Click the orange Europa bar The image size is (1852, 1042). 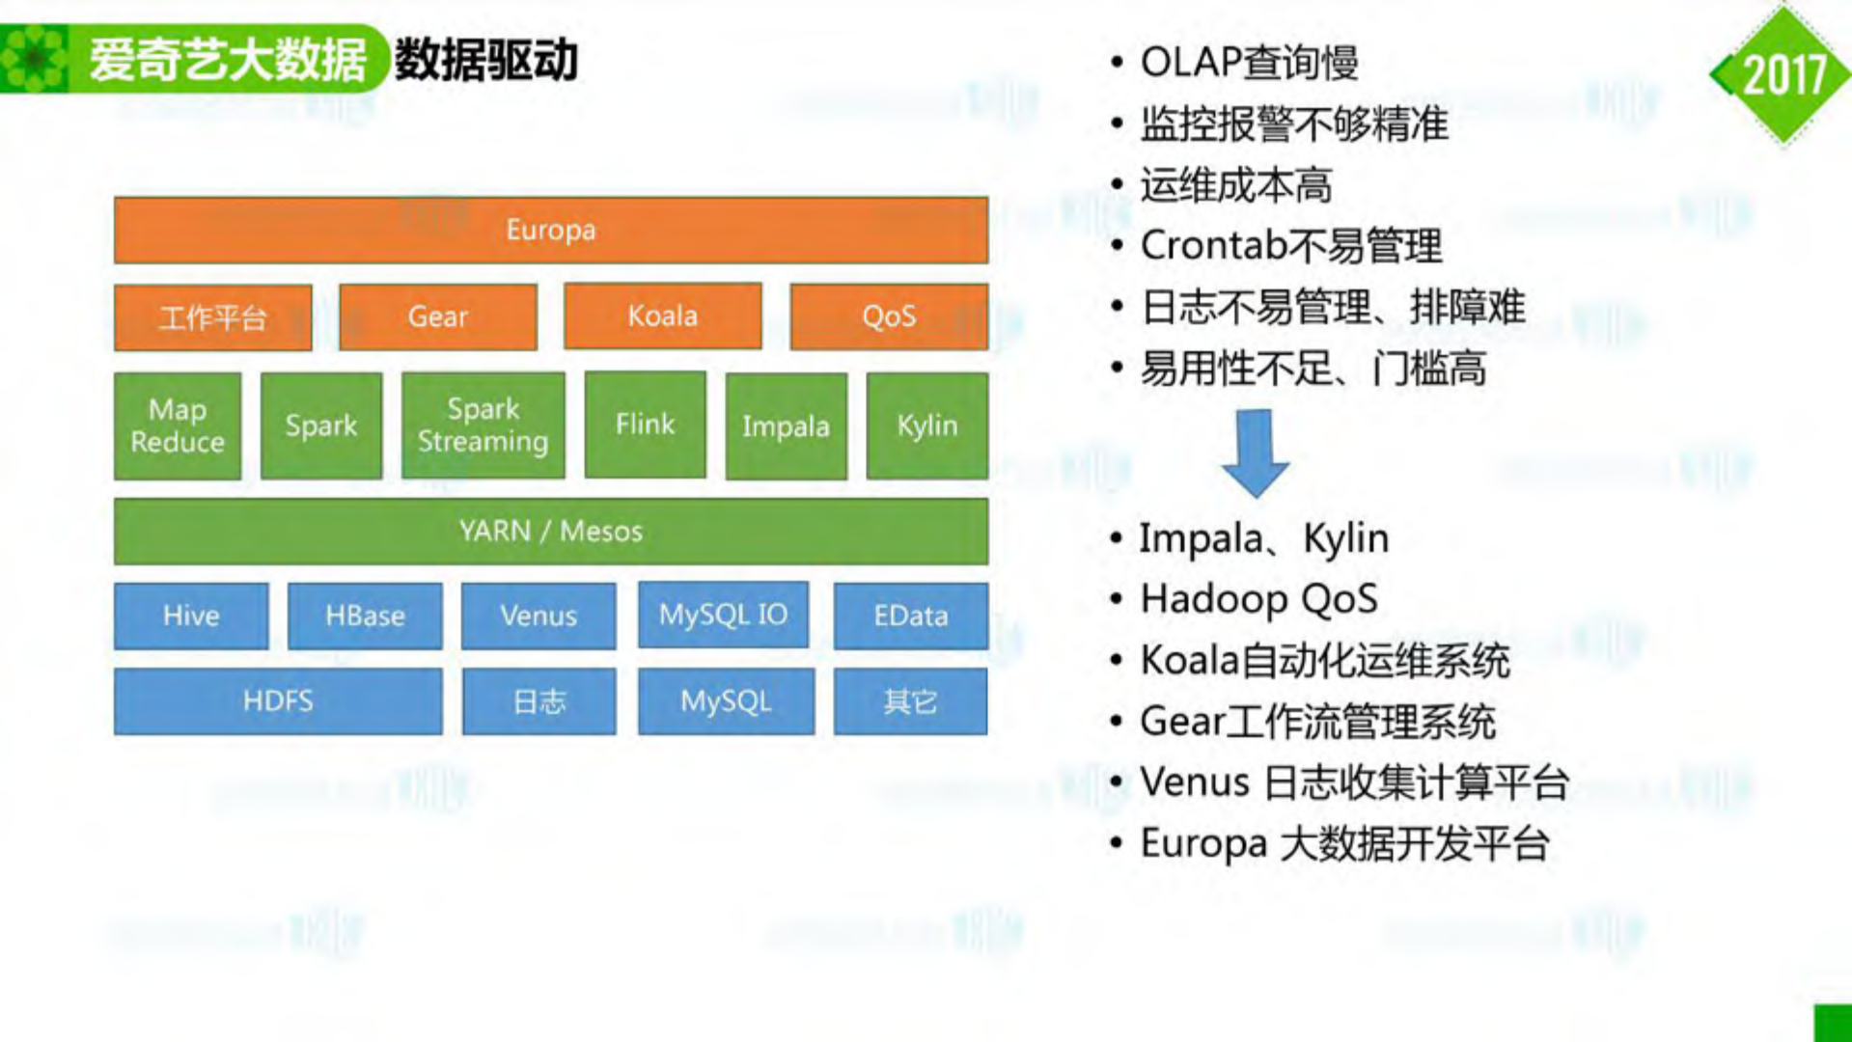pos(550,230)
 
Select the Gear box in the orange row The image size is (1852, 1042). pos(437,316)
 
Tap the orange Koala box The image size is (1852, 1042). pos(662,316)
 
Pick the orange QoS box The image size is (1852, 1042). pos(888,316)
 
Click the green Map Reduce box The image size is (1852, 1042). pos(178,425)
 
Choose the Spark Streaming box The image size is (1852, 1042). pos(483,425)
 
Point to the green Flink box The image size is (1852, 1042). pos(645,425)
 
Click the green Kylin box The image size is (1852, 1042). pos(926,425)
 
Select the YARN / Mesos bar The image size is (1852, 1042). pos(550,531)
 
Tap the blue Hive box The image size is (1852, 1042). pos(191,616)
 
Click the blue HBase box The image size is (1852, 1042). pos(365,616)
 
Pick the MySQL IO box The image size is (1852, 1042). pos(723,615)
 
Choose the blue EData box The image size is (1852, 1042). pos(910,616)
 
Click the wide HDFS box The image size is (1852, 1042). pos(278,701)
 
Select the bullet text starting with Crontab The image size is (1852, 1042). pos(1291,246)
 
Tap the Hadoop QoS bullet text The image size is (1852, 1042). pos(1258,599)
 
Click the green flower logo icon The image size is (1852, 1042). pos(35,59)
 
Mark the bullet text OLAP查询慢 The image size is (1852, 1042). pos(1249,63)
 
